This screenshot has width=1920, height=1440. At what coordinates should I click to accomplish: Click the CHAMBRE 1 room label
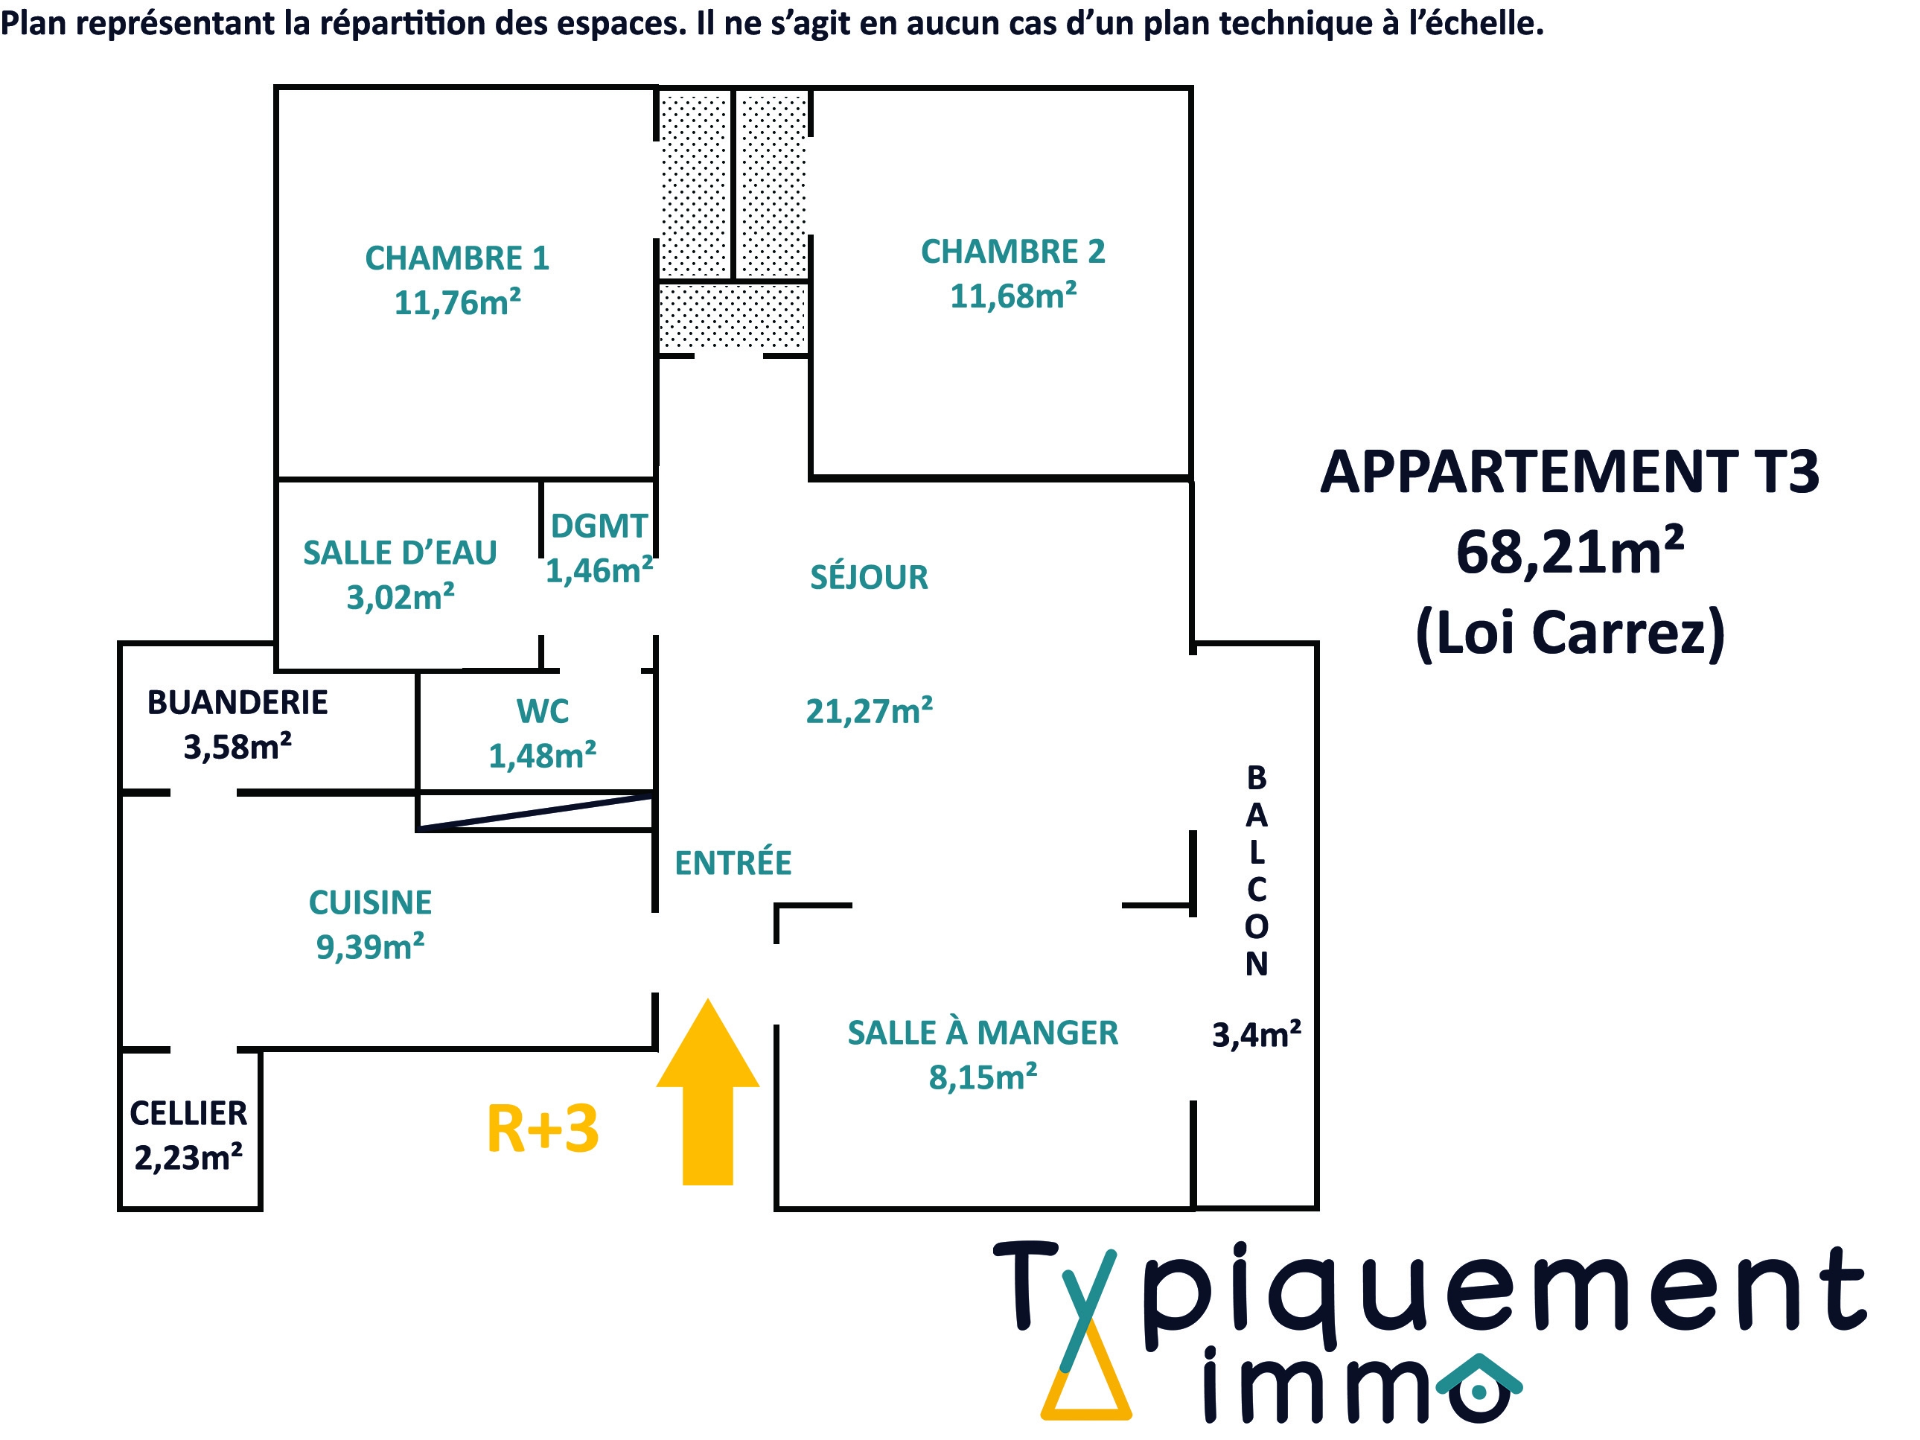click(x=456, y=258)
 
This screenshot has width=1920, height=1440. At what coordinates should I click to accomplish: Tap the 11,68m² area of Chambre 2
click(x=1013, y=296)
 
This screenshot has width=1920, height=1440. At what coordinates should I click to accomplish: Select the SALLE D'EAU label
click(x=399, y=553)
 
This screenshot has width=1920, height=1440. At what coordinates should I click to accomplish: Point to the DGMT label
click(x=599, y=526)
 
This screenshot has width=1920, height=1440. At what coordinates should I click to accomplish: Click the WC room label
click(x=543, y=711)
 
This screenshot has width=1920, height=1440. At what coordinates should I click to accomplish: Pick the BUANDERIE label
click(x=237, y=702)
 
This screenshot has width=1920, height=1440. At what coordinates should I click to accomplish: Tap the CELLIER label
click(x=188, y=1113)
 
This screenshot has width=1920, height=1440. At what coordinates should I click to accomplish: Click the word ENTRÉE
click(x=733, y=863)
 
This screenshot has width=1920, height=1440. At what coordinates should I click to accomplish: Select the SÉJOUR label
click(x=869, y=577)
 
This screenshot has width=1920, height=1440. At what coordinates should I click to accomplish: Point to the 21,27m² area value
click(x=869, y=711)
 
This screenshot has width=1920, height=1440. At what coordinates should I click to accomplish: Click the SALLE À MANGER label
click(x=983, y=1033)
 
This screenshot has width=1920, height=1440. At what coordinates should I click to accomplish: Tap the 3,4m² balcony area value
click(x=1256, y=1035)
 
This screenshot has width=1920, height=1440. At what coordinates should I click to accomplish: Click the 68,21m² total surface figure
click(x=1569, y=552)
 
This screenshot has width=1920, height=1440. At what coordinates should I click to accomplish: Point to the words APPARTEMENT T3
click(x=1569, y=473)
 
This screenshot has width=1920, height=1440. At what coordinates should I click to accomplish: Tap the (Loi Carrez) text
click(x=1569, y=633)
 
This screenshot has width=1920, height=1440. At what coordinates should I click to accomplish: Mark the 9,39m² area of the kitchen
click(x=370, y=947)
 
